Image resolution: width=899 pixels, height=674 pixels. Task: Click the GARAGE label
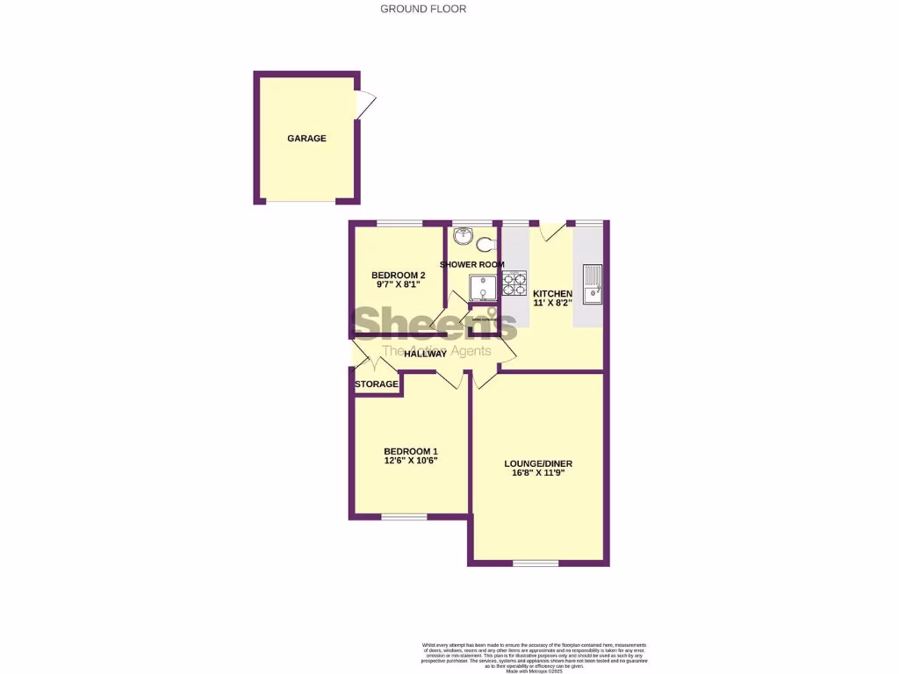[306, 139]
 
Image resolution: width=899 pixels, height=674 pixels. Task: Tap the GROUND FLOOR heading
[423, 9]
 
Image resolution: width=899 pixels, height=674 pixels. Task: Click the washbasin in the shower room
[464, 236]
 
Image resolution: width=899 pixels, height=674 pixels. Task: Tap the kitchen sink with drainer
[591, 283]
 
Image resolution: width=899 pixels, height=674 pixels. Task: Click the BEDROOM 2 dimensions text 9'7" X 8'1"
[392, 284]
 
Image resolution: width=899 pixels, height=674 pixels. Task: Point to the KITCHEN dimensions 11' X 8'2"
[552, 303]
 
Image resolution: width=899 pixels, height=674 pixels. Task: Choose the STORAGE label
[376, 384]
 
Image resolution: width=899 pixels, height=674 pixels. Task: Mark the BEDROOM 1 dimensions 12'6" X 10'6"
[410, 460]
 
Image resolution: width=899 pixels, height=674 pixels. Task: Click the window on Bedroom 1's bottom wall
[404, 517]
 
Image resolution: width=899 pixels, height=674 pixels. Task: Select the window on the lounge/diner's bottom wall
[536, 563]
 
